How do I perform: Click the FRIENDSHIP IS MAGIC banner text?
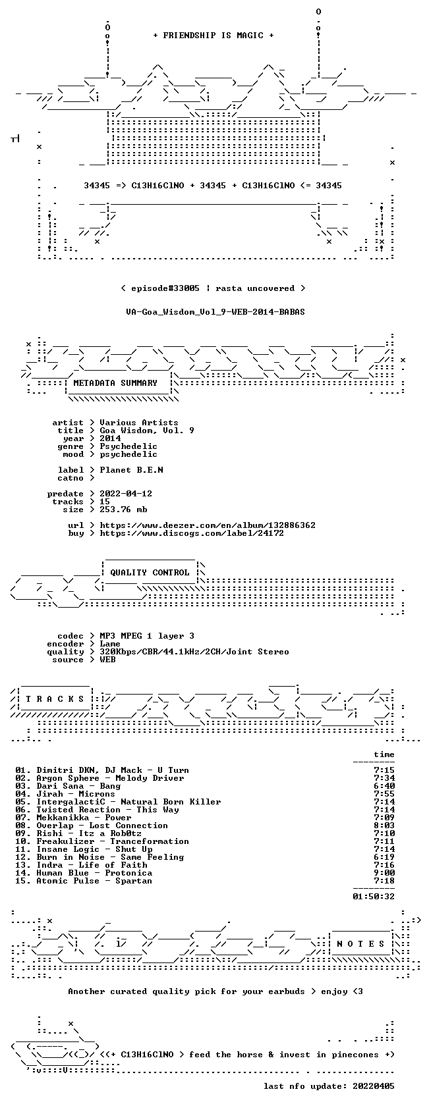(x=213, y=36)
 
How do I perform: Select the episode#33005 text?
(x=165, y=288)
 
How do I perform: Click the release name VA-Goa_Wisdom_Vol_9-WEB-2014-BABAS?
(x=215, y=312)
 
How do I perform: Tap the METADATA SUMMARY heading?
(x=115, y=383)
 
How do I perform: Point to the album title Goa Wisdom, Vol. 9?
(x=147, y=431)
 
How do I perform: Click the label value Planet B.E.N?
(x=132, y=470)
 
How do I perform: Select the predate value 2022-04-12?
(x=126, y=494)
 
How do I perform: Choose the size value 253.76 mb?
(x=124, y=510)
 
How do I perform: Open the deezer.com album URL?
(x=208, y=525)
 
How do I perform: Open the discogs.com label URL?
(x=192, y=533)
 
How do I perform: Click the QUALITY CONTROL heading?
(x=150, y=573)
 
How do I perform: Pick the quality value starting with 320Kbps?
(x=194, y=652)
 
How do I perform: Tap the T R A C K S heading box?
(x=55, y=699)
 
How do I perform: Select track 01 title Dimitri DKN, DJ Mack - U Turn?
(x=113, y=770)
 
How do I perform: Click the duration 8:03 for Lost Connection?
(x=384, y=826)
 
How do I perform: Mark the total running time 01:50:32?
(x=374, y=897)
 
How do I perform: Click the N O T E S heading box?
(x=360, y=944)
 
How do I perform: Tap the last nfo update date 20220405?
(x=374, y=1086)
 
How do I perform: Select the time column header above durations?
(x=384, y=754)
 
